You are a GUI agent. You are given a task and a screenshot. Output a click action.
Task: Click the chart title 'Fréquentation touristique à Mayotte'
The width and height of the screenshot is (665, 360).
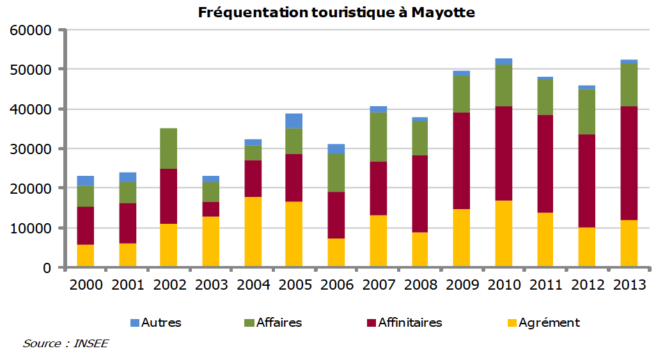coord(336,12)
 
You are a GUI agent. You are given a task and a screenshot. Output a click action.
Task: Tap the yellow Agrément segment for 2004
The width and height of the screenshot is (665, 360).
coord(253,231)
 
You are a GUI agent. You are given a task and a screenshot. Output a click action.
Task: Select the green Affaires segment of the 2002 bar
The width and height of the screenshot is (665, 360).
coord(168,148)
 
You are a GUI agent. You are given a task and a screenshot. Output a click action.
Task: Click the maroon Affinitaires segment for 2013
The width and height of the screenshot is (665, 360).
coord(629,163)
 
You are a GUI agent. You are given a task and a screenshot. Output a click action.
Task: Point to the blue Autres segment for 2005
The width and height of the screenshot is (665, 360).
coord(293,121)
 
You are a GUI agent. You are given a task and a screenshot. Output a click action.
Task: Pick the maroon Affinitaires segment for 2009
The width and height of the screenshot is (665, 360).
coord(462,160)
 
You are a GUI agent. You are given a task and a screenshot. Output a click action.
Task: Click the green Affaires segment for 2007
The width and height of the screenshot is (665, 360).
coord(378,137)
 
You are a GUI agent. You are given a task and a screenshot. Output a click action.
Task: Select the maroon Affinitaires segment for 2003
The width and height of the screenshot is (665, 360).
coord(210,209)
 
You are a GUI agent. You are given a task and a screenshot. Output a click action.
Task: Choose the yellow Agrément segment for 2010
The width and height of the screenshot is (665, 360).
coord(504,234)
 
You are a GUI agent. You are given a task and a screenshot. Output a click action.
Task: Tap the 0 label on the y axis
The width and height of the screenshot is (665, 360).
coord(46,268)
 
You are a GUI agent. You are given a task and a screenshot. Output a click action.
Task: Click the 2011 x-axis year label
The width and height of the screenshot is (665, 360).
coord(545,285)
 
